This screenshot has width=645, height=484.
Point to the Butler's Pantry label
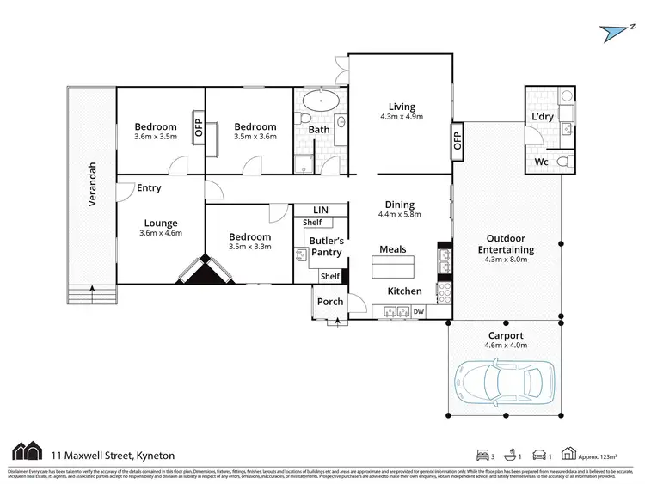[x=326, y=247]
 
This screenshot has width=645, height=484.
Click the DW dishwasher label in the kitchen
[x=419, y=311]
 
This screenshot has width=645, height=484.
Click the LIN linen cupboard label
[x=320, y=210]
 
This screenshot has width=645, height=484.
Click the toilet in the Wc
[x=562, y=161]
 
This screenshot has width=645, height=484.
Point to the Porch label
[x=330, y=302]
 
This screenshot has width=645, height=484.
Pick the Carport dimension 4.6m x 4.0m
[x=505, y=346]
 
